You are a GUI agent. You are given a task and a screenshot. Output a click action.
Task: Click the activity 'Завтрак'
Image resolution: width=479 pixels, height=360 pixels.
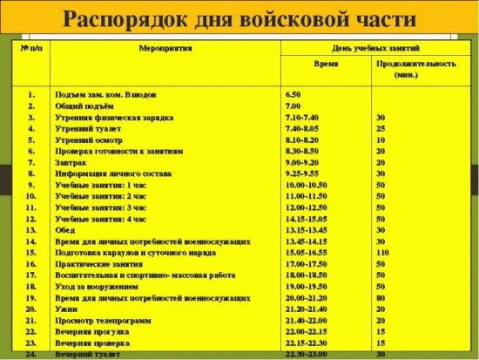[71, 162]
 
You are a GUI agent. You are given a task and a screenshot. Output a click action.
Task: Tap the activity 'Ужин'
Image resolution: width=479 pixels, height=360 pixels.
[65, 309]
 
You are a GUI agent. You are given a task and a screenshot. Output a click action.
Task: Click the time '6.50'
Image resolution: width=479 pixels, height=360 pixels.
[293, 93]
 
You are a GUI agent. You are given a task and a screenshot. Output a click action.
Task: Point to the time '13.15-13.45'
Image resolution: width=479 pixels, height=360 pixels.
[303, 230]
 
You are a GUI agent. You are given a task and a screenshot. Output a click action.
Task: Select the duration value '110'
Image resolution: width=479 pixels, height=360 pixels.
[381, 252]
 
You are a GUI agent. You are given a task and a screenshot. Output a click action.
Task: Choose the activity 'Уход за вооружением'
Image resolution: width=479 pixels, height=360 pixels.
[96, 286]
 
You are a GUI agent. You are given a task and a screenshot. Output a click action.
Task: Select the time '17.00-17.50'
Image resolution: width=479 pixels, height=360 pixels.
[303, 263]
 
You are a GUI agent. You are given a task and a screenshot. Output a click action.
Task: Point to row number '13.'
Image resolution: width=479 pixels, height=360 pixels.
[30, 230]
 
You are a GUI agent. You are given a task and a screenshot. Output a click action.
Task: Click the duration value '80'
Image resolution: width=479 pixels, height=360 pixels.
[380, 297]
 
